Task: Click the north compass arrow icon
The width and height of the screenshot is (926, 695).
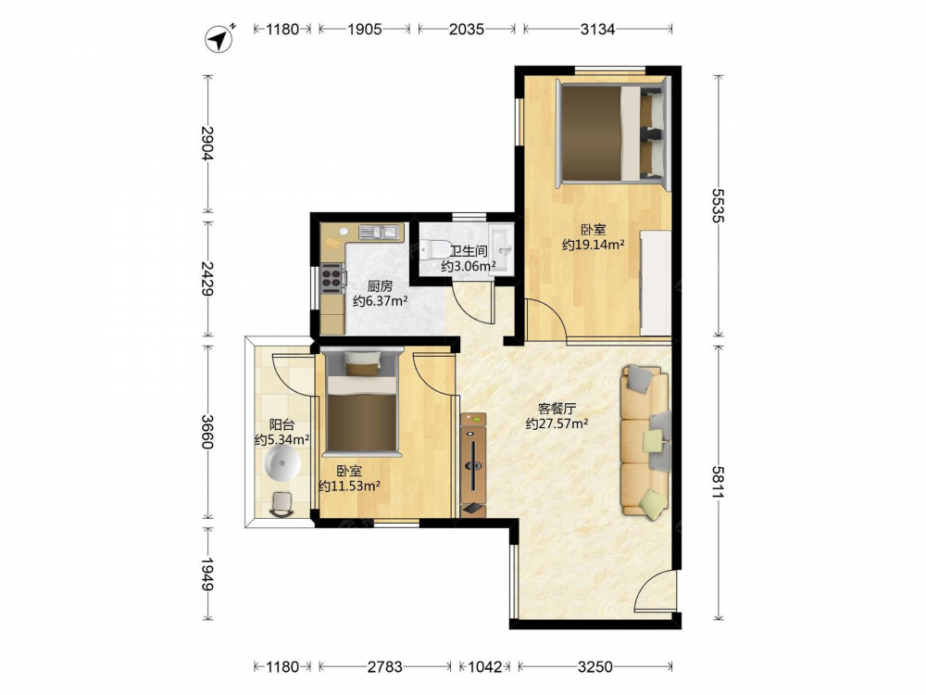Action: pos(219,39)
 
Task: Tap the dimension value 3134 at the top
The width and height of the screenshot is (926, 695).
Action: pos(597,29)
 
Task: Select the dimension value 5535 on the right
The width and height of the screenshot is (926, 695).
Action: pos(718,206)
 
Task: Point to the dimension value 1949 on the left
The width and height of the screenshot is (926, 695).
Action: pos(206,574)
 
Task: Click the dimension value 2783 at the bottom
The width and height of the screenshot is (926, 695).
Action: pos(385,667)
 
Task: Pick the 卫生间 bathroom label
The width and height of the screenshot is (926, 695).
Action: pos(469,250)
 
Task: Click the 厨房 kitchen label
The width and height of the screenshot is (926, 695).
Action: pos(380,286)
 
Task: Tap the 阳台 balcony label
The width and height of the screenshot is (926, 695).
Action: pos(282,425)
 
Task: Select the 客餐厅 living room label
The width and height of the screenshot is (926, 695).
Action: pos(557,409)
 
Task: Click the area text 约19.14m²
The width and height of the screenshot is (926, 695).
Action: pos(593,245)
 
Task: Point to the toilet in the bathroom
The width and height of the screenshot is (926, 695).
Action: pos(431,249)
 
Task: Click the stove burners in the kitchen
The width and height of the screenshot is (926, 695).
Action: pos(332,278)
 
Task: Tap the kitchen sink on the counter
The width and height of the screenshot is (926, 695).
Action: pos(380,232)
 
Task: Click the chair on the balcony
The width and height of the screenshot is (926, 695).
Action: pos(282,504)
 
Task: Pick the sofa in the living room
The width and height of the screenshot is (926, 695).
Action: pos(644,441)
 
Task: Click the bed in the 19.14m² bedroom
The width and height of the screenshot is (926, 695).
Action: pos(612,133)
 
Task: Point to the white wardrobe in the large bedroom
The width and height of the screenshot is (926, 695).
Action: pos(656,283)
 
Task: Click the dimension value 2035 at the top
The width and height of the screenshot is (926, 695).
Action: pos(467,29)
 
